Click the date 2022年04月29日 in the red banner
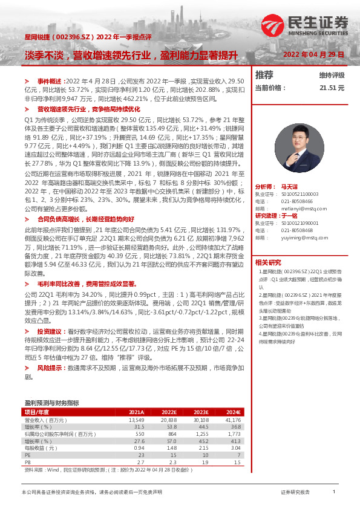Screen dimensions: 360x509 [313, 54]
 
